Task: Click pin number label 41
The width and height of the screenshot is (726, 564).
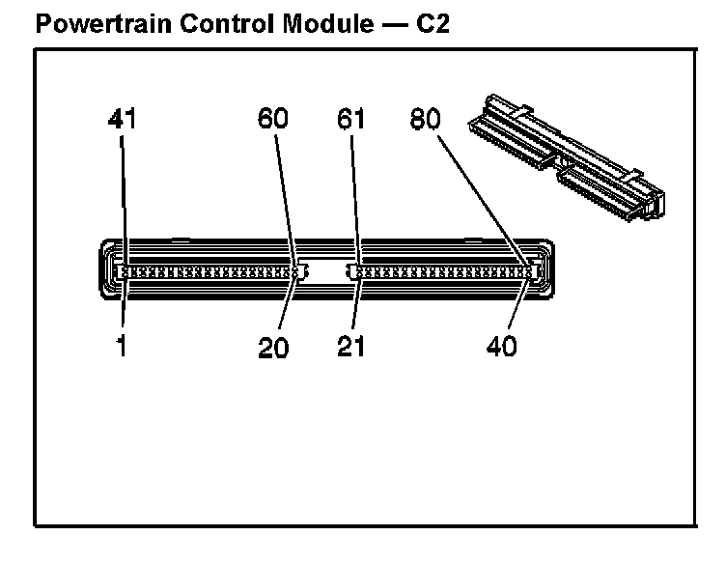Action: pyautogui.click(x=123, y=119)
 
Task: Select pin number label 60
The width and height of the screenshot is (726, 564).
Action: pyautogui.click(x=272, y=118)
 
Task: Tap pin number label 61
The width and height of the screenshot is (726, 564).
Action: pyautogui.click(x=350, y=118)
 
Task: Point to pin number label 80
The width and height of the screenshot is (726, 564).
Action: pyautogui.click(x=425, y=118)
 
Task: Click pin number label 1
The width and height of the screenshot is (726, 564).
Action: pyautogui.click(x=122, y=346)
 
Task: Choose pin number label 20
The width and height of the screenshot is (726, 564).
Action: pyautogui.click(x=273, y=347)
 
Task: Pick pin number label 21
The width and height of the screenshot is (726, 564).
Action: pyautogui.click(x=350, y=346)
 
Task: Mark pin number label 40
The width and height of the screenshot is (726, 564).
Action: pyautogui.click(x=501, y=346)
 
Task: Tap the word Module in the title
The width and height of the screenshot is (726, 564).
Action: pyautogui.click(x=327, y=23)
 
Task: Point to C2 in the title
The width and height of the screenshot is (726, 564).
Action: pyautogui.click(x=433, y=23)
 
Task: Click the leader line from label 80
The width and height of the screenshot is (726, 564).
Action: pyautogui.click(x=484, y=201)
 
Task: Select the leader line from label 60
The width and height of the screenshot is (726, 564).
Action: pyautogui.click(x=286, y=201)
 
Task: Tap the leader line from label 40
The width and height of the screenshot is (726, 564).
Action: pyautogui.click(x=519, y=300)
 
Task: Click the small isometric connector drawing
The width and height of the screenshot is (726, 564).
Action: pyautogui.click(x=567, y=156)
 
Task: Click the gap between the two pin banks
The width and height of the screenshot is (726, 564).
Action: pyautogui.click(x=326, y=270)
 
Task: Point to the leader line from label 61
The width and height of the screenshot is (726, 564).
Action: pyautogui.click(x=355, y=200)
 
